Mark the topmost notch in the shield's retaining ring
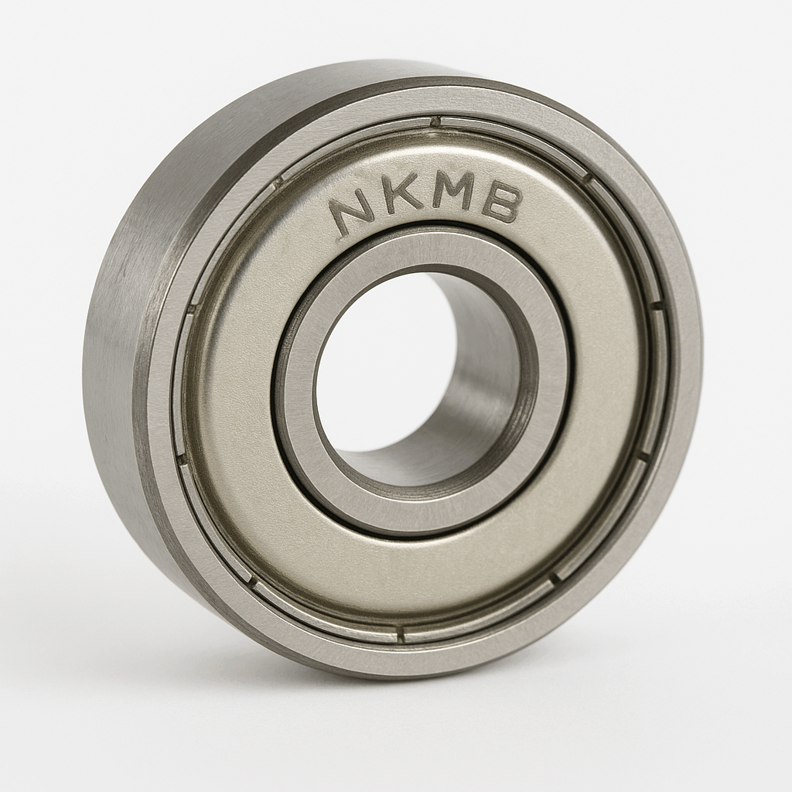click(x=435, y=121)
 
